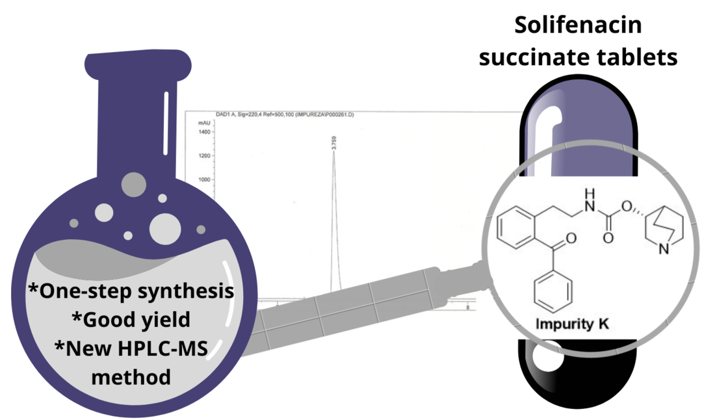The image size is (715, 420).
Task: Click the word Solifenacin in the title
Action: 578,26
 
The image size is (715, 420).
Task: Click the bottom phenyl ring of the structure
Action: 553,292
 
